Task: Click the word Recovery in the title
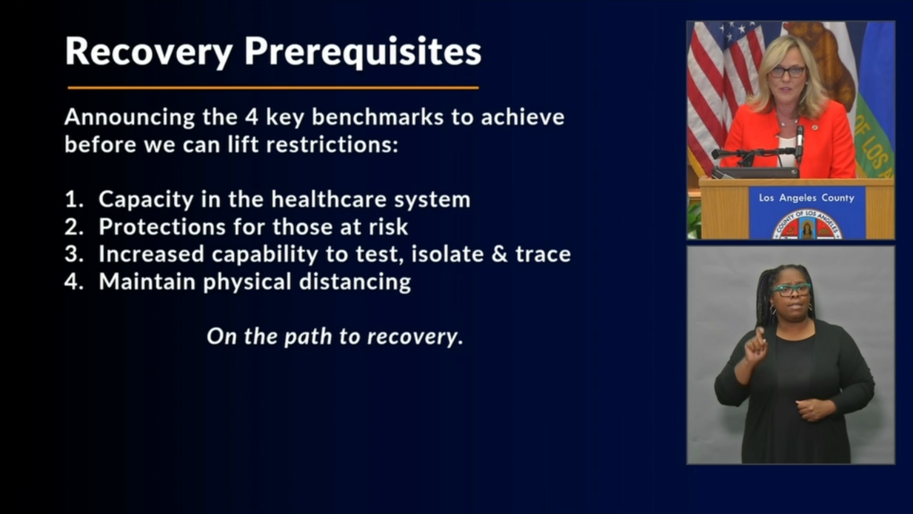click(149, 52)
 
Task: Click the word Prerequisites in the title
click(363, 52)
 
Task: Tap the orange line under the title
click(273, 87)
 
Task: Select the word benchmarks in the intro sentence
click(377, 117)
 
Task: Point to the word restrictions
click(332, 145)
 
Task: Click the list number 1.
click(74, 200)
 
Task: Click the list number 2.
click(74, 227)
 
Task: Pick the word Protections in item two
click(162, 227)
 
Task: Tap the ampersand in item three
click(500, 254)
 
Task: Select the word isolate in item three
click(447, 254)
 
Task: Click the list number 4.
click(74, 282)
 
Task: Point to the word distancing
click(355, 283)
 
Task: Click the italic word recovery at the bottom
click(415, 337)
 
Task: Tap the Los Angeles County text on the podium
click(807, 198)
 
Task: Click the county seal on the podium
click(807, 225)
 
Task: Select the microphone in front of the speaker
click(799, 143)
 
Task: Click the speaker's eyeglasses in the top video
click(787, 72)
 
